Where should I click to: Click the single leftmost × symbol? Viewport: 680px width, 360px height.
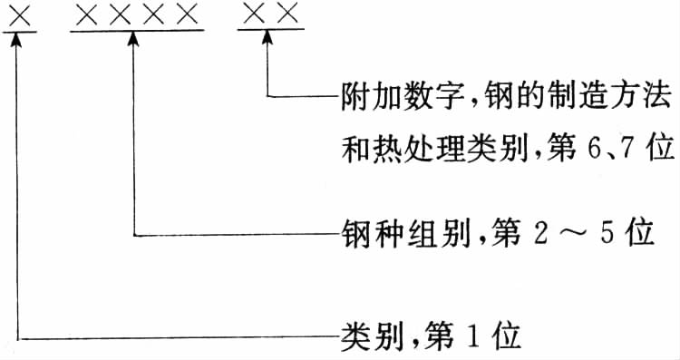(20, 16)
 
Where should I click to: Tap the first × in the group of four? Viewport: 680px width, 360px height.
(86, 15)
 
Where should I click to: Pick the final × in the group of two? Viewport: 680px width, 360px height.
(288, 14)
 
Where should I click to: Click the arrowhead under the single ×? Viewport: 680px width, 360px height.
(17, 40)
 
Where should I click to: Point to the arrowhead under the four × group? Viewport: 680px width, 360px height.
(133, 39)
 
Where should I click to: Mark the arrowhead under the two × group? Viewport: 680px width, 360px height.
(267, 37)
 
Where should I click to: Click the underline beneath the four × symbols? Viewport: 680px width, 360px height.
(137, 31)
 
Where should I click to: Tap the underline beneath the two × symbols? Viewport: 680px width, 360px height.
(270, 30)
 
